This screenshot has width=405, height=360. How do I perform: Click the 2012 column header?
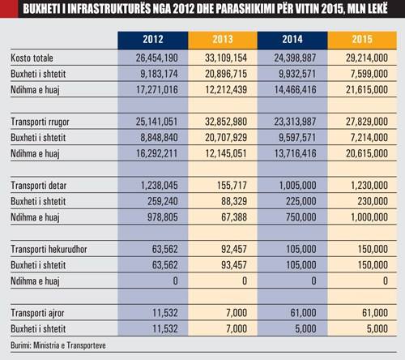153,40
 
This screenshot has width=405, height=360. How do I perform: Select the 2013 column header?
223,40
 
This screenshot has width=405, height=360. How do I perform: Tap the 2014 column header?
292,40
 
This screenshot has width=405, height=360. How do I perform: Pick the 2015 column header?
362,40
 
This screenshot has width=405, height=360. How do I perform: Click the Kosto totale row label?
32,58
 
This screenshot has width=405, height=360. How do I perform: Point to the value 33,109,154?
226,58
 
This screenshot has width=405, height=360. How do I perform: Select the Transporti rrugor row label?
40,122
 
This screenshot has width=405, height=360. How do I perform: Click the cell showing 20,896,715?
226,74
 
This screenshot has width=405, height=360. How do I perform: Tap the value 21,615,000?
367,90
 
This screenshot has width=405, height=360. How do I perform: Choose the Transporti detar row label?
39,186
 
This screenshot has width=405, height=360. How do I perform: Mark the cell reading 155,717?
232,186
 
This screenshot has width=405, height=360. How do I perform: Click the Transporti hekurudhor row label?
49,249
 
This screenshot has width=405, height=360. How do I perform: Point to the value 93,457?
234,265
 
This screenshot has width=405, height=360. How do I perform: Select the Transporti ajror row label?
37,313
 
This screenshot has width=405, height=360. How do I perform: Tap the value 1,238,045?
160,186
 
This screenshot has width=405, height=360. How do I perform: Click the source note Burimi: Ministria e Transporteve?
58,345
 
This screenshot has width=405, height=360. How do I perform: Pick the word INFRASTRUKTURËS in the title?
109,9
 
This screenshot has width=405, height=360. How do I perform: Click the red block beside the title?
9,9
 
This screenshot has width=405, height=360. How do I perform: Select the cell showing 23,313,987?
295,122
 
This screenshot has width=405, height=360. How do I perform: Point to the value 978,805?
163,217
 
